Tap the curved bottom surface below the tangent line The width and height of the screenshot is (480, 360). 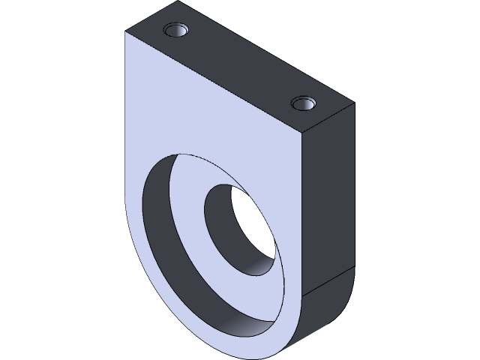pyautogui.click(x=326, y=304)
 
